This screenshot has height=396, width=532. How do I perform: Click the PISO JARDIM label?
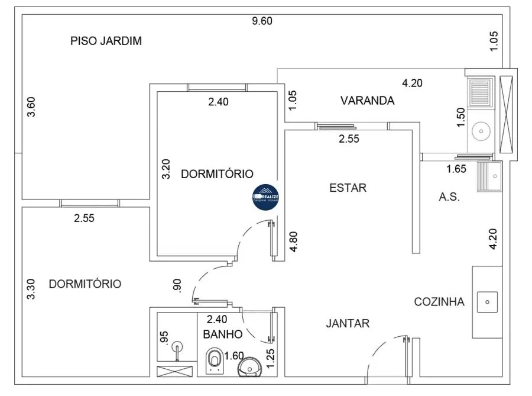point(106,41)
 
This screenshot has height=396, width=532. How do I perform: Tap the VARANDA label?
point(367,101)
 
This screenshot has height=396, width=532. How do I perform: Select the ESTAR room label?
point(348,188)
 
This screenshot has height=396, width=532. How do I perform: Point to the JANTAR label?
point(348,323)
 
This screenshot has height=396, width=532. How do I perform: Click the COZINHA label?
point(439,302)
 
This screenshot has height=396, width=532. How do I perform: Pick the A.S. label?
point(449,197)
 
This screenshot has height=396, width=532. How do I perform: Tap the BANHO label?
point(222,334)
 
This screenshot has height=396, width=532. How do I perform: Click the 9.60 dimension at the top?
point(262,21)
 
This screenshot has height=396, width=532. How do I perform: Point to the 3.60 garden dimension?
point(32,107)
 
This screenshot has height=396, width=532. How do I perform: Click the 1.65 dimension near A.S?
point(456,169)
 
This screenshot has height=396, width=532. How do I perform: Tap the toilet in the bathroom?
point(215,360)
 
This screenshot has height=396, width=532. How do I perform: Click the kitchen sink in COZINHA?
point(487,301)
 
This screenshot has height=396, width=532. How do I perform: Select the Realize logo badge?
point(266,196)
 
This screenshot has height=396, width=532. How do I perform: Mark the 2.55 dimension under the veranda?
point(349,139)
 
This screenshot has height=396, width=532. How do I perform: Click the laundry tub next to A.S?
point(491,175)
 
